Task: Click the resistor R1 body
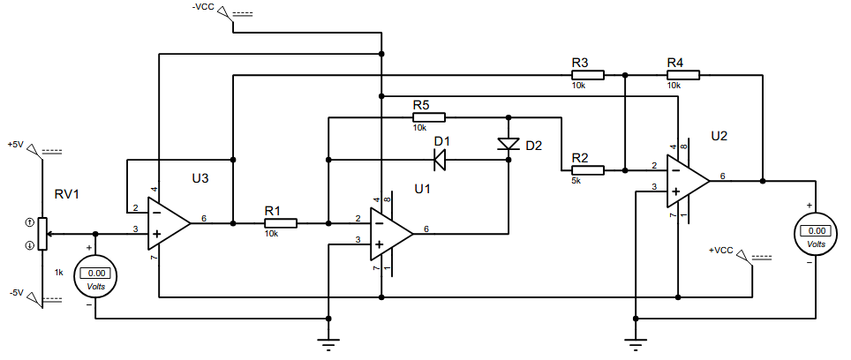(281, 223)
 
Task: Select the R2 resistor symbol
(587, 170)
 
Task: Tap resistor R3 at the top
(587, 75)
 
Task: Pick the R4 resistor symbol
(683, 75)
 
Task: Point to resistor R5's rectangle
(429, 117)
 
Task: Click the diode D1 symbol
(440, 160)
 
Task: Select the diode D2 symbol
(508, 144)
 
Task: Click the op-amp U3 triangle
(169, 223)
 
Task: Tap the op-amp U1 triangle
(391, 234)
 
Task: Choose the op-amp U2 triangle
(689, 181)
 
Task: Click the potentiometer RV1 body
(42, 234)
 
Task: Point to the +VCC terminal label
(720, 251)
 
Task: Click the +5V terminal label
(16, 145)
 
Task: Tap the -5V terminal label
(16, 293)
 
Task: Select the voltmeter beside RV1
(95, 276)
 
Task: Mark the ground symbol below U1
(328, 344)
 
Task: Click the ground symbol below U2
(635, 344)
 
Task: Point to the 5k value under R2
(576, 181)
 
